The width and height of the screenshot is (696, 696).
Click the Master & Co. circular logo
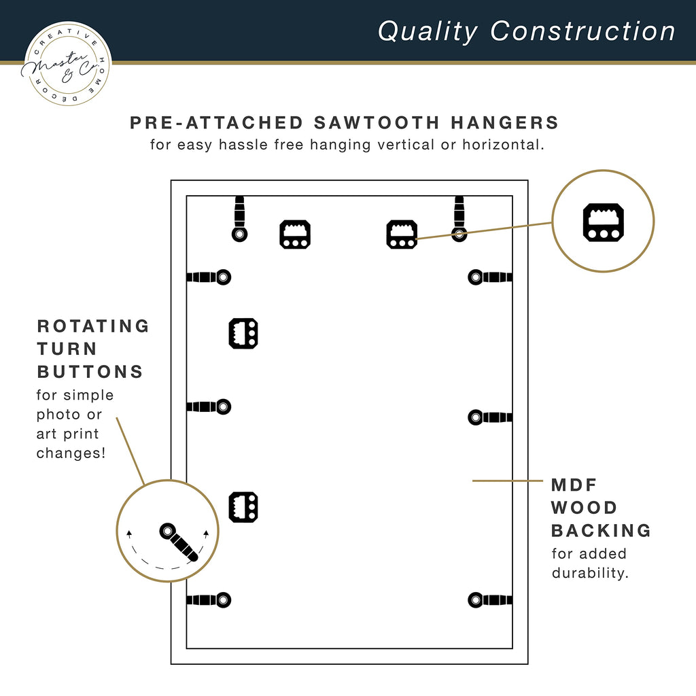[x=67, y=63]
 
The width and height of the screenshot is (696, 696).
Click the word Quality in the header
[x=428, y=31]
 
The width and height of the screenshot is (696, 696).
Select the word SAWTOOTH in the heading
[x=377, y=122]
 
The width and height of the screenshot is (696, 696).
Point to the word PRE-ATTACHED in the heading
[x=217, y=122]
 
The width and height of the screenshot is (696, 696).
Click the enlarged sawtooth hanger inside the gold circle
[x=604, y=222]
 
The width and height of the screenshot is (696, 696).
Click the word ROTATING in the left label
[x=93, y=326]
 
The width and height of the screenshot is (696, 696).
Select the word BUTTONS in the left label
[x=90, y=372]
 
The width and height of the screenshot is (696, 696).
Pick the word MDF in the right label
[x=574, y=485]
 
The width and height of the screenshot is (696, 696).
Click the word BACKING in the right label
[x=601, y=530]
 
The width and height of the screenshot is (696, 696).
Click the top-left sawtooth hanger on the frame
[x=295, y=234]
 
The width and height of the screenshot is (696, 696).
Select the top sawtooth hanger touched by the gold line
[x=402, y=234]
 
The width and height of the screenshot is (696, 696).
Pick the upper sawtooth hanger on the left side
[x=243, y=333]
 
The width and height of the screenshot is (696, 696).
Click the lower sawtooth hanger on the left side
[x=243, y=507]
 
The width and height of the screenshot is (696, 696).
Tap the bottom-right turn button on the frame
[x=490, y=600]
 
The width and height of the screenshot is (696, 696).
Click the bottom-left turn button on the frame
[x=209, y=600]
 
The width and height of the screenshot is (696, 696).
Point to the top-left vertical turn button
[x=239, y=219]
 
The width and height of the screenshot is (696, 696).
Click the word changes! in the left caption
[x=71, y=453]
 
